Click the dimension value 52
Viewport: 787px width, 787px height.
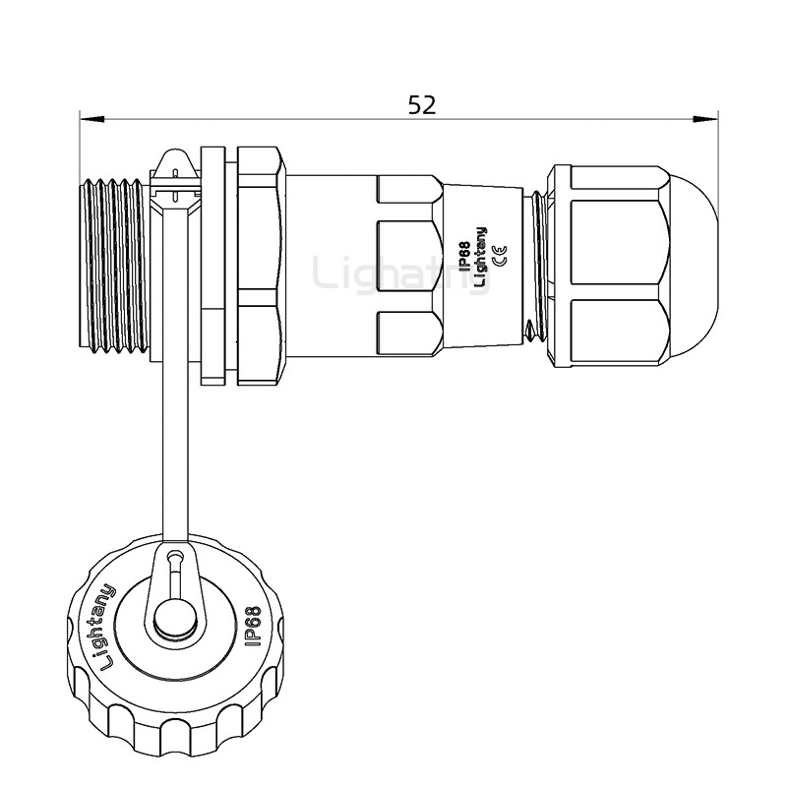point(422,104)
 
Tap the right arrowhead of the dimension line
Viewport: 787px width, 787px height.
point(705,120)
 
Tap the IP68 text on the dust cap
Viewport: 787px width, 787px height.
point(251,627)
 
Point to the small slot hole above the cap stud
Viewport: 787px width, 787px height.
point(174,571)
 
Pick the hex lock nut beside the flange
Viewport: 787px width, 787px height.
point(260,266)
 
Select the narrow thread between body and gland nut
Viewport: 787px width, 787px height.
point(535,266)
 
